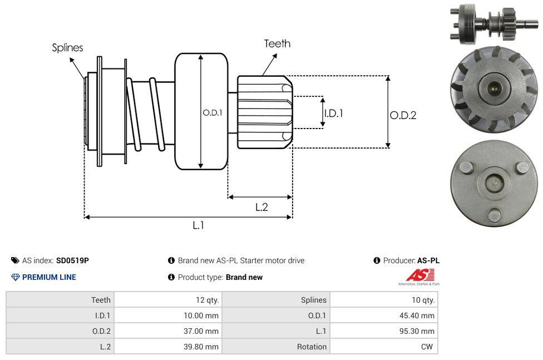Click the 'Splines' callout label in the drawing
(x=67, y=48)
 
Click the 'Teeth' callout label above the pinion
(x=277, y=43)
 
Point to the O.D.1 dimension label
(x=213, y=112)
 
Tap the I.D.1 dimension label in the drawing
(x=333, y=113)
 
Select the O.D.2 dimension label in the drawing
(x=403, y=115)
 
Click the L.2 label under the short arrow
(x=261, y=207)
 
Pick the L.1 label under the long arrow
(x=199, y=225)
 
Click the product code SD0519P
(x=72, y=260)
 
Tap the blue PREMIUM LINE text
(x=49, y=277)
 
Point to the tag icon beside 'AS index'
(x=15, y=260)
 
